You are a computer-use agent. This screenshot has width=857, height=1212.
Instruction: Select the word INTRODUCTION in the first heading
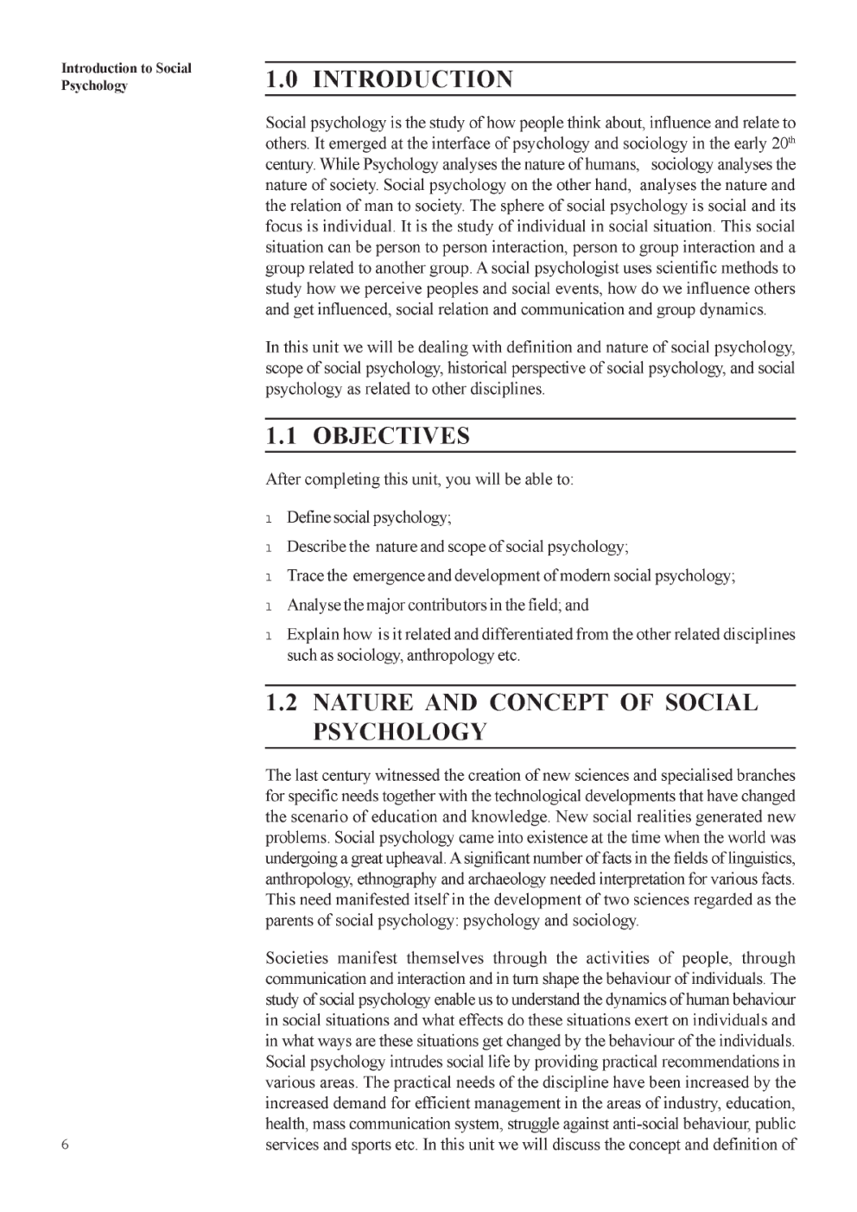click(412, 79)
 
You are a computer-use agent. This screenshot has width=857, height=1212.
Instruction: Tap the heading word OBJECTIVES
click(391, 435)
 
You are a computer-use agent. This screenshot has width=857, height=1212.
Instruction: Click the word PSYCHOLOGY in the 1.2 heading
click(400, 732)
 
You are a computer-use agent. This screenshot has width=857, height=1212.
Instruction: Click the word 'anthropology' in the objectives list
click(450, 656)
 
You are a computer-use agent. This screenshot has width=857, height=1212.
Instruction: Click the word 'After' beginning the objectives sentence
click(283, 479)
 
